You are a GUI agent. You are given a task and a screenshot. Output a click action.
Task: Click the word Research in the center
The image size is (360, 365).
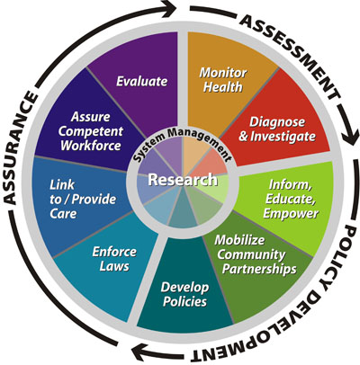[183, 180]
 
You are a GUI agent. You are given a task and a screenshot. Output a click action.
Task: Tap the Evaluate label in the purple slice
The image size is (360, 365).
[142, 81]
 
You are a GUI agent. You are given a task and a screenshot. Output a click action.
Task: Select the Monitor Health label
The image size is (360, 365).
[223, 80]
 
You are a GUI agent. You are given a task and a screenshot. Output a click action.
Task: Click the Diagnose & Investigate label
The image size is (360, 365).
[277, 129]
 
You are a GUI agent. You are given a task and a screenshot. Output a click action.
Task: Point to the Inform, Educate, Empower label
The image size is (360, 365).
[291, 199]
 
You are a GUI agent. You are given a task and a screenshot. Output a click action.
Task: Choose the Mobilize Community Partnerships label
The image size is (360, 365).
[256, 254]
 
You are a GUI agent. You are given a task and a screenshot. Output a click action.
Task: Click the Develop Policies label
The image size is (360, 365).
[184, 295]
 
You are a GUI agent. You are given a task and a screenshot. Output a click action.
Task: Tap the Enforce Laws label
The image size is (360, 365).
[114, 259]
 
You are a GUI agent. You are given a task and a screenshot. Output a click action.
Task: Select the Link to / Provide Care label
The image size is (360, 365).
[83, 200]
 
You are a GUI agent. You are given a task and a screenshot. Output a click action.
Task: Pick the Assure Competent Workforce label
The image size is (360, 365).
[91, 131]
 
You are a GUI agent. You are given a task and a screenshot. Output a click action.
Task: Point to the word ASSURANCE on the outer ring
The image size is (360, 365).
[21, 148]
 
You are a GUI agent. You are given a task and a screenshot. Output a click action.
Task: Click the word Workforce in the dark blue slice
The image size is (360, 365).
[91, 146]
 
